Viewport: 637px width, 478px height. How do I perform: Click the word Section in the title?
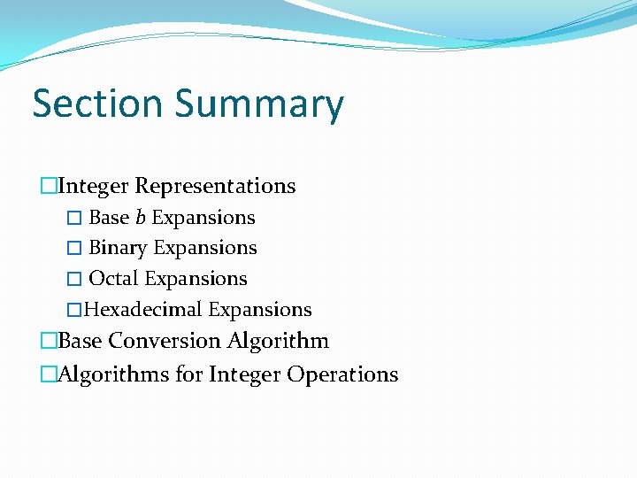97,104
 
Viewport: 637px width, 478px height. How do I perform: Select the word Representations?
215,186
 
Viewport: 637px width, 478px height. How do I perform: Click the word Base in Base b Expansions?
110,218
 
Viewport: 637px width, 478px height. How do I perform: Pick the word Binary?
118,248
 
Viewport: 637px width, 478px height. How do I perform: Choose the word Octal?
114,279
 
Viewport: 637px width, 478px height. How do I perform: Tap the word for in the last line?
189,374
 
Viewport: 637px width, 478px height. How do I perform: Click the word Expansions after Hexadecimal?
260,310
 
